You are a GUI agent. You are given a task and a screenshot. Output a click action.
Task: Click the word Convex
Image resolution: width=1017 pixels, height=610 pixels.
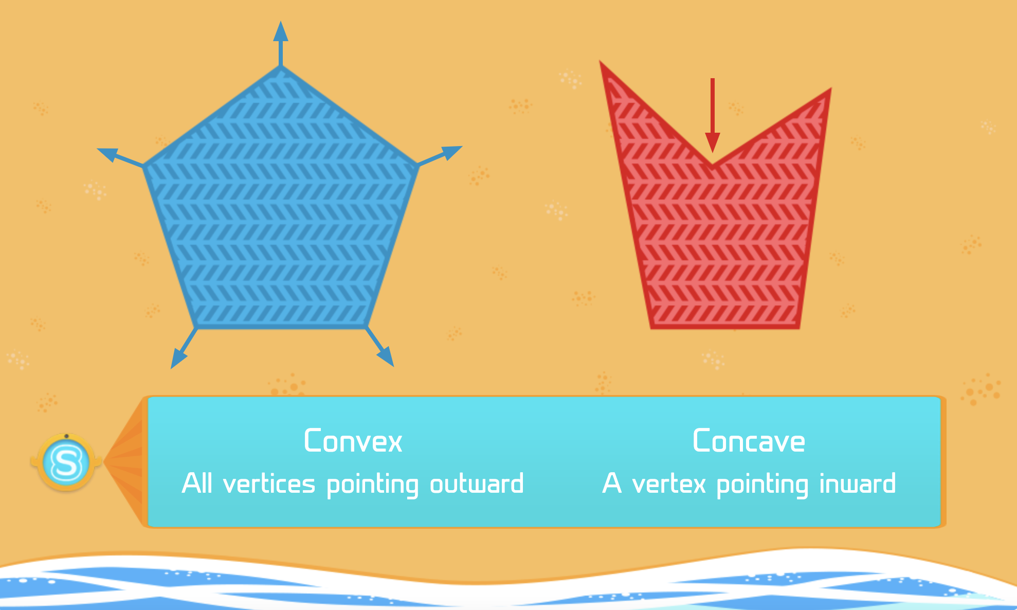pos(353,441)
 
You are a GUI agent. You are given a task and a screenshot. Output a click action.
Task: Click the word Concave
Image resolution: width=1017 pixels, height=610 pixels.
pos(749,441)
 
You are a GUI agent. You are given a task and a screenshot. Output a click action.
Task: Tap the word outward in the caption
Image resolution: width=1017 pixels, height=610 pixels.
pos(477,484)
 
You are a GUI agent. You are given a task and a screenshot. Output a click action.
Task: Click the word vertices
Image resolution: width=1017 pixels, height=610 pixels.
pos(269,484)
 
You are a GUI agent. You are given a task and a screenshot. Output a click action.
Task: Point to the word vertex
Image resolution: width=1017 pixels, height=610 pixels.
pos(669,484)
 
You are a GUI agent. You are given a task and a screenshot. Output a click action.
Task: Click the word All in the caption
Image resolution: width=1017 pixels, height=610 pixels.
pos(197,484)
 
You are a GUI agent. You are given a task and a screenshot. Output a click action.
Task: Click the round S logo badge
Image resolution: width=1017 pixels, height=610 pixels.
pos(66,462)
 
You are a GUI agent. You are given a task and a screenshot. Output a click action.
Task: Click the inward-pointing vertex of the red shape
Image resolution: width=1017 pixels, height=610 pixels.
pos(712,166)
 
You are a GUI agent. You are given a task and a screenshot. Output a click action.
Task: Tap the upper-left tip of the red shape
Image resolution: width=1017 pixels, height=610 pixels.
pos(602,64)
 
